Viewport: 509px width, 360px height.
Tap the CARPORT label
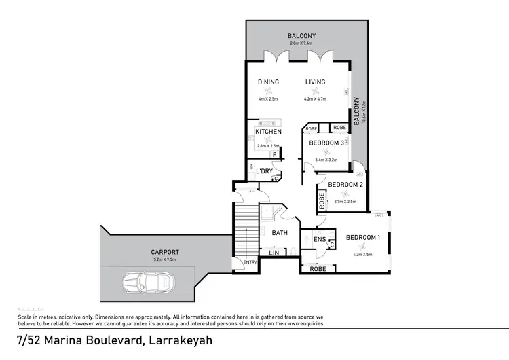(x=165, y=251)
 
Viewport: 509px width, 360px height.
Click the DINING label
(x=268, y=82)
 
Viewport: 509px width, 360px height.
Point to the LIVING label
(x=315, y=82)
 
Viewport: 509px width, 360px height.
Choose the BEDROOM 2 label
(x=346, y=185)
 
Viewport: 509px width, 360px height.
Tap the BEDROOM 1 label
(x=364, y=238)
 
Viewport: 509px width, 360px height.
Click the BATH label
(x=280, y=232)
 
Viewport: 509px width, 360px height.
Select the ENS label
(x=319, y=239)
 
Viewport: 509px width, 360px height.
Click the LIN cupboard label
(x=274, y=253)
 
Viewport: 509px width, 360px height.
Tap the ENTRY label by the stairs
(x=250, y=263)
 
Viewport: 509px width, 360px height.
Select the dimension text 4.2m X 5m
(x=364, y=255)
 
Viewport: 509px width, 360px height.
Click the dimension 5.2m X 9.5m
(x=165, y=259)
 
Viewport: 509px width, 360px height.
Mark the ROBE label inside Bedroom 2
(x=320, y=200)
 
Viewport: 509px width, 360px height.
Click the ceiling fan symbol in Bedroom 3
(x=324, y=152)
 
